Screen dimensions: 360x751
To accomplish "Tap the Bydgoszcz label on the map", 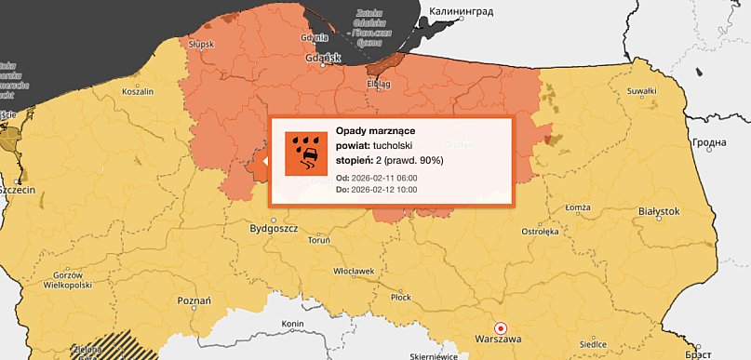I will [273, 228].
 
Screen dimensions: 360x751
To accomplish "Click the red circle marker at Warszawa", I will [501, 327].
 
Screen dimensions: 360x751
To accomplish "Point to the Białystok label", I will [660, 212].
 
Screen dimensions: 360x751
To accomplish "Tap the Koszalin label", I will [138, 92].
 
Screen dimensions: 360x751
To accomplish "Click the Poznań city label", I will [194, 300].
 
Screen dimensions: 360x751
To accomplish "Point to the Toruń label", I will [319, 240].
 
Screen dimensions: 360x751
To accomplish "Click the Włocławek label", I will [353, 271].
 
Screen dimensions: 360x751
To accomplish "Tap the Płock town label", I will [400, 298].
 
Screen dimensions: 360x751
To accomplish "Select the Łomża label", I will [578, 207].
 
